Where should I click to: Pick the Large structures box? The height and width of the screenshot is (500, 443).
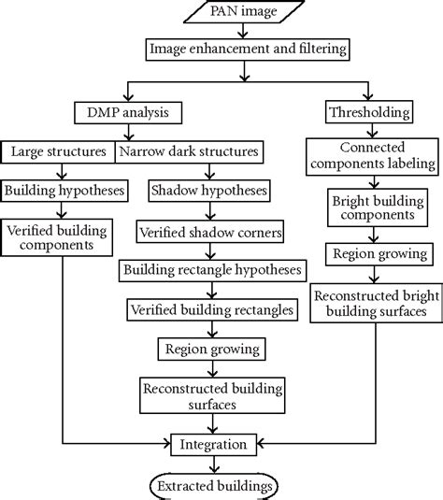coord(58,150)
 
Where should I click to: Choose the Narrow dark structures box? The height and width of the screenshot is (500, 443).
coord(186,150)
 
